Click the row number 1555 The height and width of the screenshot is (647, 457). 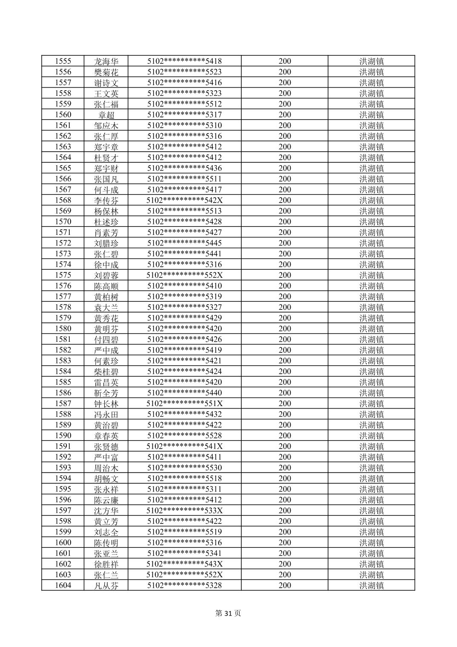63,61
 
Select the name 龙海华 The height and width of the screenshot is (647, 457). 106,61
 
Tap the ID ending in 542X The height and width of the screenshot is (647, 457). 184,200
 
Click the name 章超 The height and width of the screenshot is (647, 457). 106,115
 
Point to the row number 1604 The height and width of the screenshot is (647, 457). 63,585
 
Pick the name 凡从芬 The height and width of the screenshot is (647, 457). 106,586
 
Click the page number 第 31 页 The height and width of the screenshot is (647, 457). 228,613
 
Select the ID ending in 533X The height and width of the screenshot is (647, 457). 184,510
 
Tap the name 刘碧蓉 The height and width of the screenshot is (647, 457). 106,275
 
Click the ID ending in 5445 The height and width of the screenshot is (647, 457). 184,243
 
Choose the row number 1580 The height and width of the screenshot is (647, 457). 63,329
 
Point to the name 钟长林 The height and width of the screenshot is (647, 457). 106,404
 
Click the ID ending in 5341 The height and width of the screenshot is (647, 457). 184,553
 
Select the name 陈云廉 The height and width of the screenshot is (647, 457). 106,500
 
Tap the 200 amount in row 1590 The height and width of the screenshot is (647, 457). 285,435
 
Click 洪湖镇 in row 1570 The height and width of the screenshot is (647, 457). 371,222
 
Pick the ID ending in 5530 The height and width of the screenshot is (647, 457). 184,468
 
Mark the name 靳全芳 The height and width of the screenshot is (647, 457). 106,393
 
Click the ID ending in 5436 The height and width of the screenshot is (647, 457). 184,168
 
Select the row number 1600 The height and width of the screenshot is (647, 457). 63,543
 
